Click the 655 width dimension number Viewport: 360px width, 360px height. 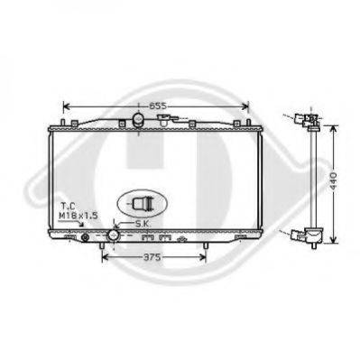[x=158, y=106]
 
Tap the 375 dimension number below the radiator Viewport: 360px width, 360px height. [x=152, y=258]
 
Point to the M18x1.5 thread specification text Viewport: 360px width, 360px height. [x=78, y=216]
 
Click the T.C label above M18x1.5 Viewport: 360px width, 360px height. [x=69, y=207]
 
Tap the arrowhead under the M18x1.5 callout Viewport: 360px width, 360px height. [x=81, y=224]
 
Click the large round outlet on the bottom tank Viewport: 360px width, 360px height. [x=114, y=235]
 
